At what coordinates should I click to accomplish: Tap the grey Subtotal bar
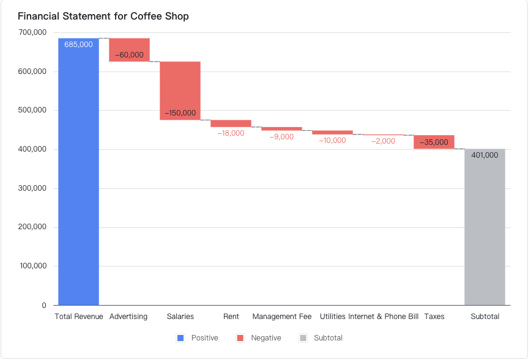pyautogui.click(x=485, y=232)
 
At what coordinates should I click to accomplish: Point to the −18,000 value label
pyautogui.click(x=231, y=133)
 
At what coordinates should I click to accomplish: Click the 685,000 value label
pyautogui.click(x=78, y=45)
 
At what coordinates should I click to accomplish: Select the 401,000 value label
pyautogui.click(x=485, y=155)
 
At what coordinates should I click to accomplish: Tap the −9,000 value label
pyautogui.click(x=281, y=137)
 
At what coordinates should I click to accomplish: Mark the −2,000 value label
pyautogui.click(x=383, y=141)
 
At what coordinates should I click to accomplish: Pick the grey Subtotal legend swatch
pyautogui.click(x=303, y=338)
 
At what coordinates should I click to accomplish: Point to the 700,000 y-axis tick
pyautogui.click(x=32, y=32)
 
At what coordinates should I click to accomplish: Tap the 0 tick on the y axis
pyautogui.click(x=44, y=305)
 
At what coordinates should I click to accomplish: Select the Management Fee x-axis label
pyautogui.click(x=281, y=317)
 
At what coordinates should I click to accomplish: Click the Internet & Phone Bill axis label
pyautogui.click(x=383, y=317)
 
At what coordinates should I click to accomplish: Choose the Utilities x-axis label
pyautogui.click(x=332, y=317)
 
